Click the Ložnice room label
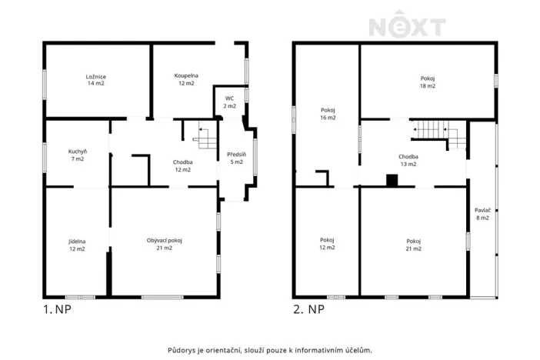tap(95, 80)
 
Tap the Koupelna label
tap(186, 79)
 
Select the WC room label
tap(230, 102)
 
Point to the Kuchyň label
tap(78, 155)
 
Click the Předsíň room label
tap(237, 158)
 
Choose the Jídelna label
tap(77, 245)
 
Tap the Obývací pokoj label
tap(165, 244)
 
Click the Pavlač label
tap(482, 214)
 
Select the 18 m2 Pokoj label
tap(428, 82)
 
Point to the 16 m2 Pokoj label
tap(328, 114)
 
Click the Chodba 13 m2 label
tap(408, 160)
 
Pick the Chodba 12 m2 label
tap(182, 165)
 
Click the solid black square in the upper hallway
tap(392, 181)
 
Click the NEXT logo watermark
tap(407, 24)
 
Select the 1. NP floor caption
tap(57, 309)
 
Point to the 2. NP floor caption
tap(308, 309)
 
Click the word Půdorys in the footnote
tap(182, 350)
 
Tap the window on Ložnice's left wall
tap(45, 85)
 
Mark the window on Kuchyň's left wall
tap(45, 158)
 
